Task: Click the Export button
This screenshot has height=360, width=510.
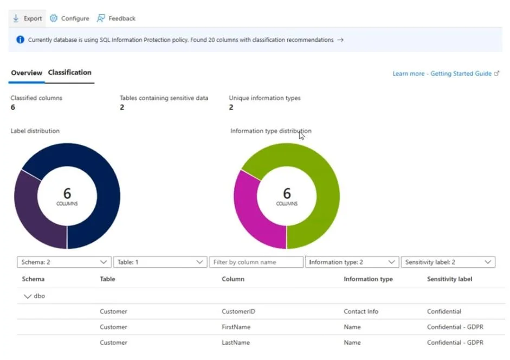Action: tap(27, 18)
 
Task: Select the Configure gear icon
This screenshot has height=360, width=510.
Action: tap(54, 18)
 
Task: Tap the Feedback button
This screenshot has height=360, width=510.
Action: tap(116, 18)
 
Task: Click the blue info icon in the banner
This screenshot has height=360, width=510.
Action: tap(20, 40)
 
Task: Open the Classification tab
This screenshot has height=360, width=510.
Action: tap(69, 72)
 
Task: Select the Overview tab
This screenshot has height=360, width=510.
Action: tap(27, 73)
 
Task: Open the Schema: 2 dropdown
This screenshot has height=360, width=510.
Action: tap(64, 262)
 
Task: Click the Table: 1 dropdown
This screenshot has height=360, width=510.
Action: tap(160, 262)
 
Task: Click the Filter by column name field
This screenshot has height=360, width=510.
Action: tap(256, 262)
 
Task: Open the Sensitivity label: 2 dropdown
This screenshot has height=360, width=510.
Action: tap(448, 262)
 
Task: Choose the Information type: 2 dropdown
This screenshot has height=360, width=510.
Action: tap(352, 262)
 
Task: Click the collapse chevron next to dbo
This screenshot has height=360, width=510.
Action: tap(27, 296)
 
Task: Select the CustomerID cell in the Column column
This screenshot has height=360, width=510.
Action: tap(238, 312)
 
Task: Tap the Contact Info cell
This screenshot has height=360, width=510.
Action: tap(361, 312)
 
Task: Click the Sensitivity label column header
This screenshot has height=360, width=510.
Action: tap(449, 279)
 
